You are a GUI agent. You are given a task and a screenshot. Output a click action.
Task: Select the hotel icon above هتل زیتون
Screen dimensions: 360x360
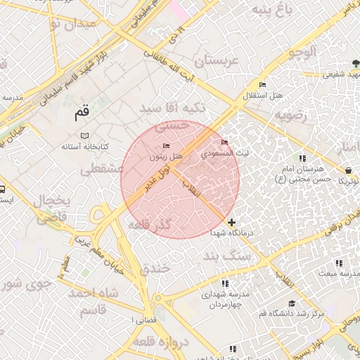click(166, 146)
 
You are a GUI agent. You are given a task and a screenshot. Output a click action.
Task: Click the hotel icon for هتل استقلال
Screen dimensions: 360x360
click(262, 85)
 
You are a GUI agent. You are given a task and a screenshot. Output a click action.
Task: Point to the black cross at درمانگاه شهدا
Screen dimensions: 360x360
click(232, 222)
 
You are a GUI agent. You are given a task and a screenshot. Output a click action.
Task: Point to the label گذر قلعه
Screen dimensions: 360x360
click(150, 225)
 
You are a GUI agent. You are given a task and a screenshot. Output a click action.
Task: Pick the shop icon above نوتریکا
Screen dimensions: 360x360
click(349, 169)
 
